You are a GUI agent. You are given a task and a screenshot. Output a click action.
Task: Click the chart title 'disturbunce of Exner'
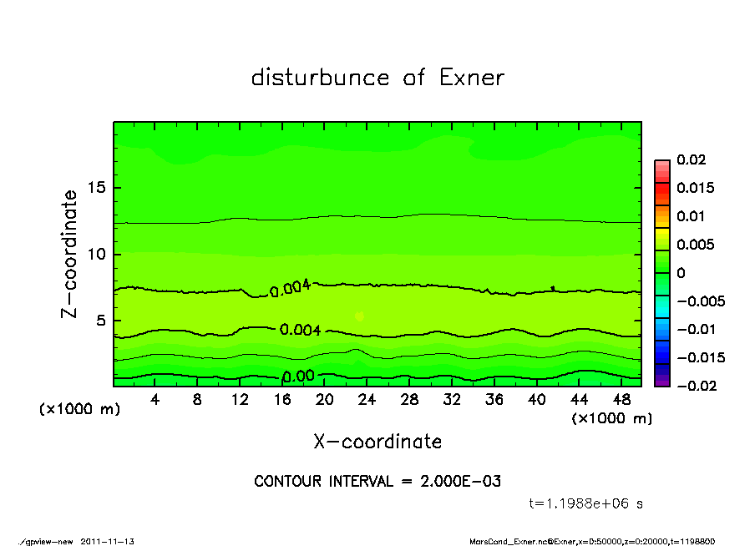(377, 78)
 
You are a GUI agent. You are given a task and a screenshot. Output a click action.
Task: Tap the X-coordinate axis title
(377, 442)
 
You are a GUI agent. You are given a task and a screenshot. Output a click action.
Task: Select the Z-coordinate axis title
(70, 254)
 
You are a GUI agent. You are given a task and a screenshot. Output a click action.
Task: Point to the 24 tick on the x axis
(367, 400)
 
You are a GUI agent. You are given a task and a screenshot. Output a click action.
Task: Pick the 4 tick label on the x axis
(155, 400)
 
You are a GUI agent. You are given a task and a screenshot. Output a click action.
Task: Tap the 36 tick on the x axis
(494, 400)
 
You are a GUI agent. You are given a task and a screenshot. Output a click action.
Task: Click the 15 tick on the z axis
(97, 188)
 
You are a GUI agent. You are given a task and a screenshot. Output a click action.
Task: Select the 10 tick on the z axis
(97, 254)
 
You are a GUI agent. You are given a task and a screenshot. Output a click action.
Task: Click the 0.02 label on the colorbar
(692, 159)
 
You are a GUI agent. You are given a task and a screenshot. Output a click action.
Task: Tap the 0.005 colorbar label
(695, 245)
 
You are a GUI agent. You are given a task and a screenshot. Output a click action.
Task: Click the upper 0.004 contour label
(291, 289)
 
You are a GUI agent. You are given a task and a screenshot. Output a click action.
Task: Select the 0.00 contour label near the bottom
(297, 377)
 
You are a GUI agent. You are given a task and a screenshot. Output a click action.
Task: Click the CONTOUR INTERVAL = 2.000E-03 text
(377, 482)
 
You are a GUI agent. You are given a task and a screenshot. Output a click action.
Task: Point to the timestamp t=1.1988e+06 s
(586, 503)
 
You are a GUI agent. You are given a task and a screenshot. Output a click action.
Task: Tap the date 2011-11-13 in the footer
(108, 541)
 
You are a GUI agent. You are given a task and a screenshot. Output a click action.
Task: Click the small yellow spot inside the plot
(359, 316)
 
